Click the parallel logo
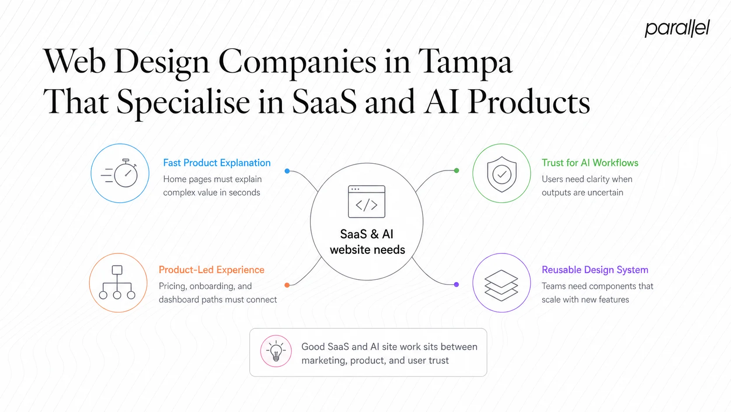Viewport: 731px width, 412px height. (x=677, y=28)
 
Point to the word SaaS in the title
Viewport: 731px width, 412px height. (x=324, y=102)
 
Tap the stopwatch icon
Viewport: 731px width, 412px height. (x=120, y=173)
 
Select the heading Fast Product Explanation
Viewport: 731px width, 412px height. (x=216, y=163)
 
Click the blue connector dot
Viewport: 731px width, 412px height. (x=287, y=171)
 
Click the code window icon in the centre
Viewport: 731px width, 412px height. (x=366, y=202)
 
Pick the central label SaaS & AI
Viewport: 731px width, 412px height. (x=366, y=234)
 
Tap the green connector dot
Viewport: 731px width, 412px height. (x=456, y=170)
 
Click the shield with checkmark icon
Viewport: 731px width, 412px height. (x=501, y=174)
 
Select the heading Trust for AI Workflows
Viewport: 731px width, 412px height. (x=590, y=163)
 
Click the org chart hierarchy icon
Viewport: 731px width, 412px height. (x=117, y=282)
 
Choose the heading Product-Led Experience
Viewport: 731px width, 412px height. (x=211, y=270)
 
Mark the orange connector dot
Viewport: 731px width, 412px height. (x=287, y=285)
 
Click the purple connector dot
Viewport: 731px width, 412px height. (x=456, y=285)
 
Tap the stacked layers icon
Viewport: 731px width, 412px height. (x=501, y=285)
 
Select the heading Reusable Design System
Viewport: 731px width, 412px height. (x=595, y=270)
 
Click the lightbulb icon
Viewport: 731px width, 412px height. (x=276, y=351)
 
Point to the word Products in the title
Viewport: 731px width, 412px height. (x=529, y=102)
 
